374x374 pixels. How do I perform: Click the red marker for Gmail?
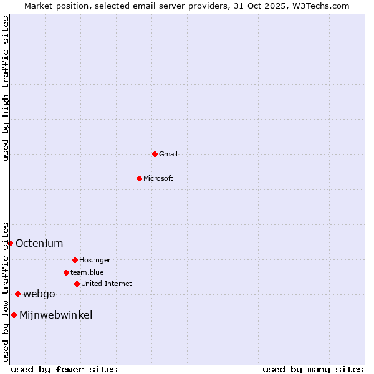(155, 154)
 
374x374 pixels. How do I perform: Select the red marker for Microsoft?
(139, 178)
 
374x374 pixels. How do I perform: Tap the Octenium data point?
(11, 243)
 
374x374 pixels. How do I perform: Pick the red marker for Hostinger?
(75, 260)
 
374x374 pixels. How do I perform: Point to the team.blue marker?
(66, 272)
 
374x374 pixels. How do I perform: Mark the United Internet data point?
(77, 284)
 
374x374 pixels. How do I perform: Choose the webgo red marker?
(17, 294)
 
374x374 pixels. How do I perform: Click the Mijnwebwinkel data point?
(14, 315)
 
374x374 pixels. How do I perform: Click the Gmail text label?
(168, 154)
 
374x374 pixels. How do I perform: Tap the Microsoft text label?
(158, 178)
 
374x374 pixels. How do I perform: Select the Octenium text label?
(39, 243)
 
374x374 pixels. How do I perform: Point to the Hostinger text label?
(95, 260)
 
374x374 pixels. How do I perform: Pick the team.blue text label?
(87, 272)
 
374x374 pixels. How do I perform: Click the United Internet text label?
(107, 284)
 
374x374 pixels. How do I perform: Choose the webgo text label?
(39, 294)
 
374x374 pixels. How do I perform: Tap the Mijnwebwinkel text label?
(56, 315)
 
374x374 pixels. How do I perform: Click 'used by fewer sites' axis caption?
(64, 369)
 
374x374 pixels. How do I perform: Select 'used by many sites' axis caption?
(313, 369)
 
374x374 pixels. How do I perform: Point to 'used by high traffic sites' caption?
(6, 89)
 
